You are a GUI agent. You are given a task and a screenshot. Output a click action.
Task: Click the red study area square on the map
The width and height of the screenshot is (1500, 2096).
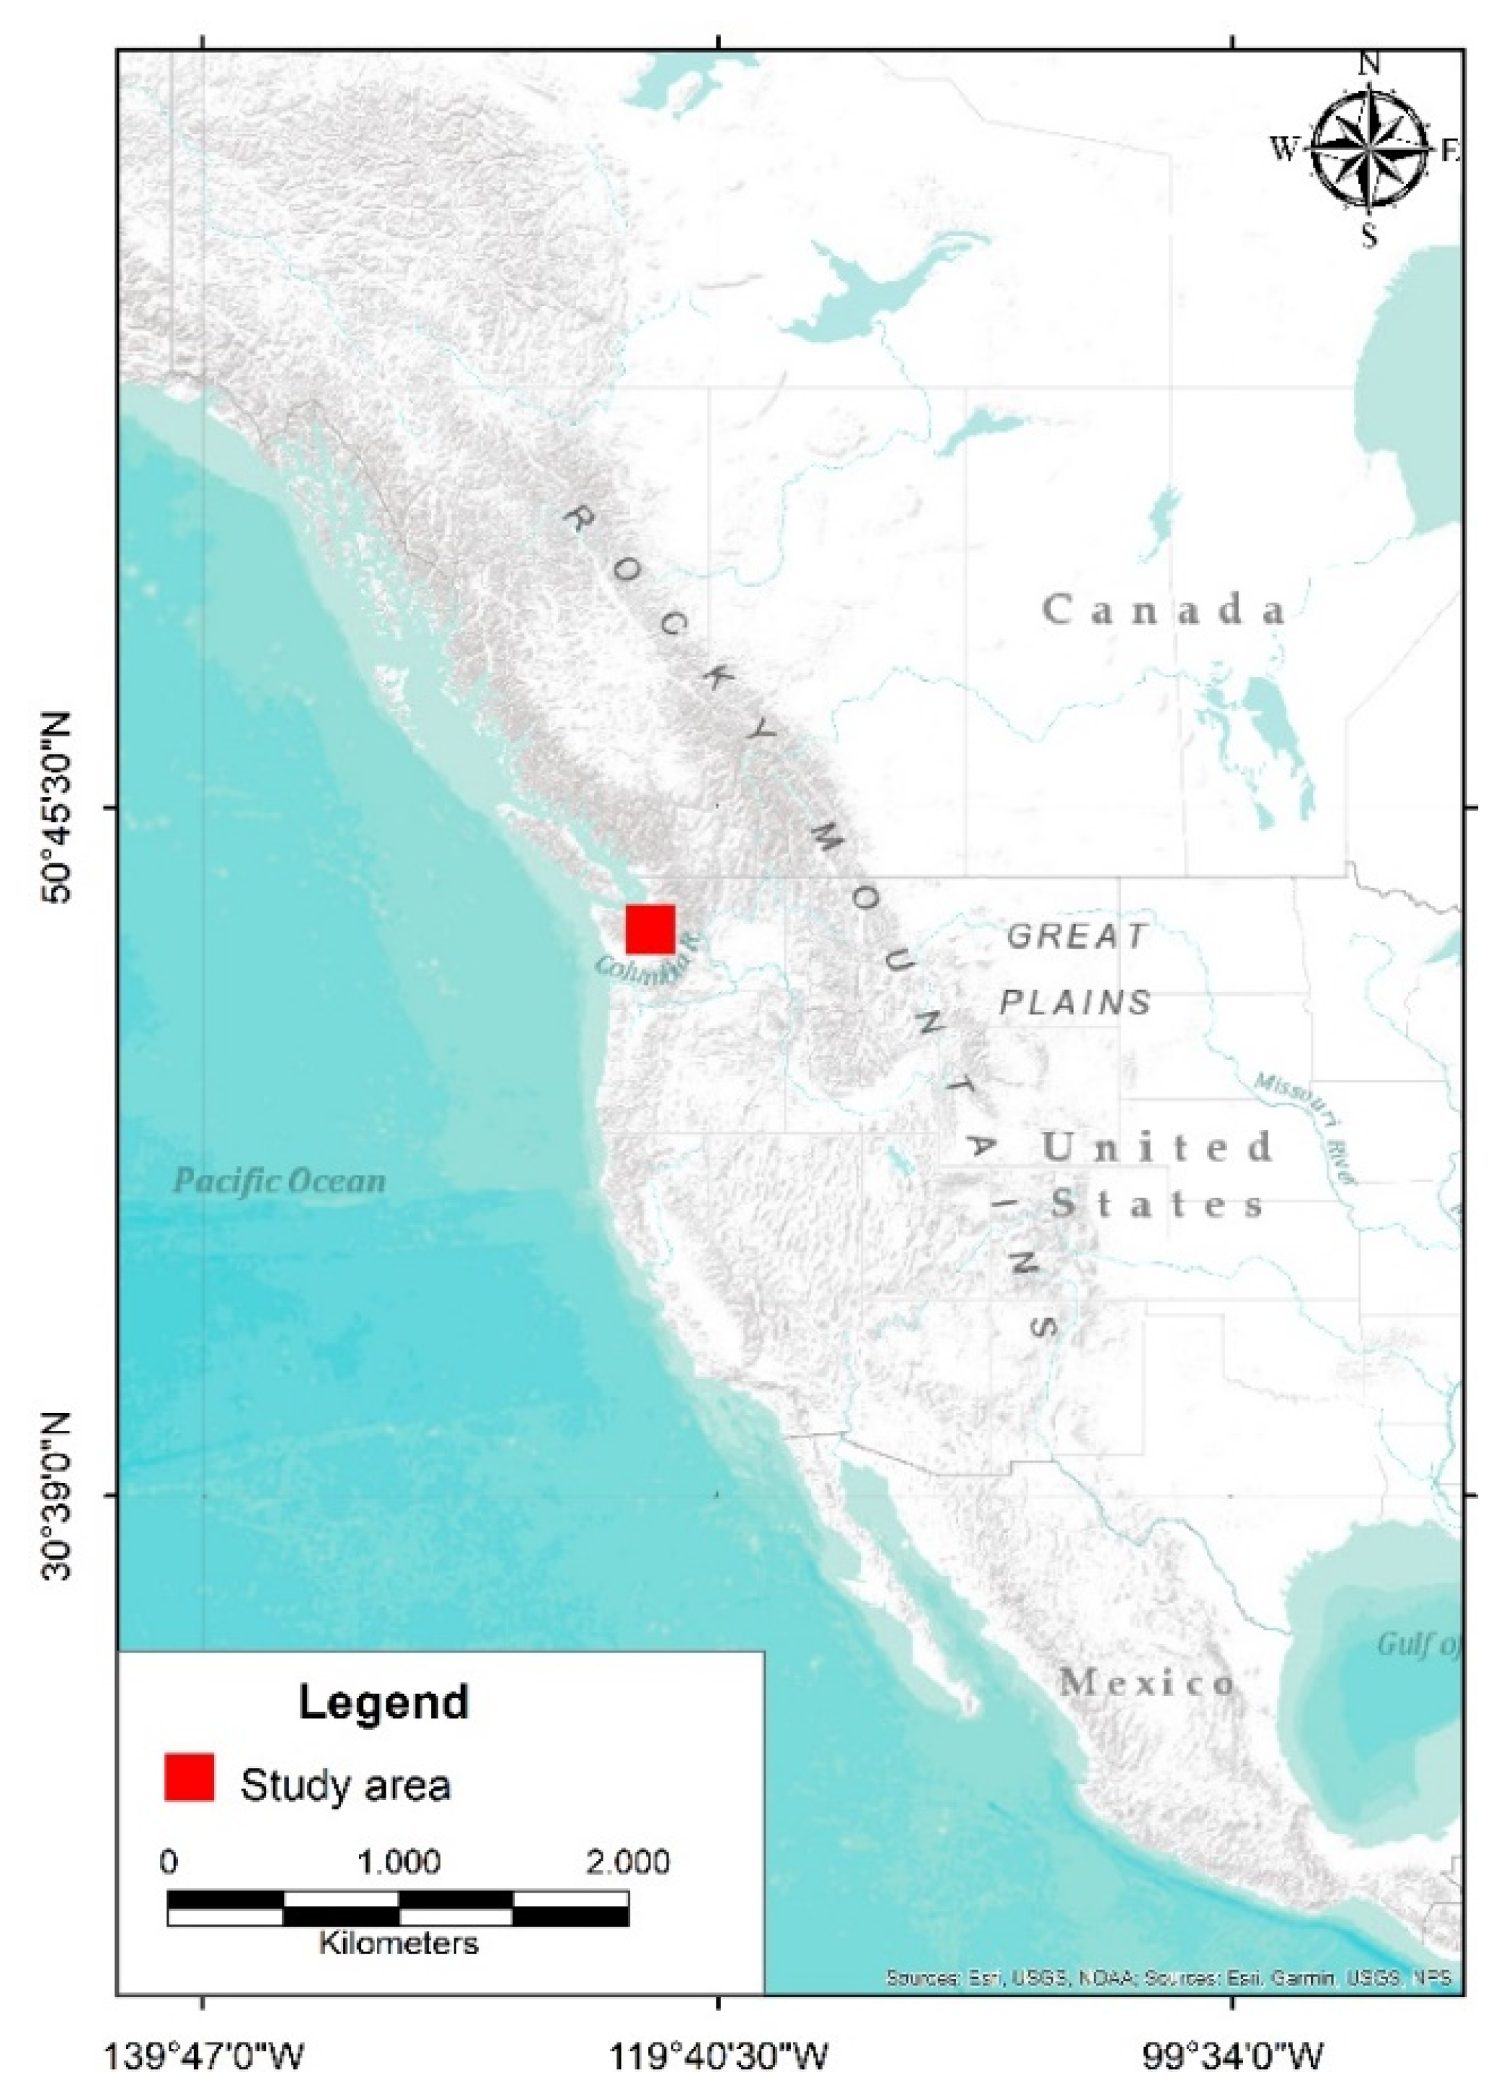[651, 929]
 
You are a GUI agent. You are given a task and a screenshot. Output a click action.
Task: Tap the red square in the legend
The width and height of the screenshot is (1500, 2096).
[190, 1778]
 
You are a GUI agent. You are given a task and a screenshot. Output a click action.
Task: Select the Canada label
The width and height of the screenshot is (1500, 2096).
[1165, 611]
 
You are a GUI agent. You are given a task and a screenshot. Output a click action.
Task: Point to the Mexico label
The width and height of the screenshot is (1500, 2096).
[1146, 1681]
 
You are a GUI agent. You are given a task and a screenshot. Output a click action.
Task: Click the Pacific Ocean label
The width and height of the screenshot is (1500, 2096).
[280, 1180]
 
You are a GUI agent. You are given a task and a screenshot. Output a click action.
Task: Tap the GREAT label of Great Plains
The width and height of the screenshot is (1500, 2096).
[1076, 936]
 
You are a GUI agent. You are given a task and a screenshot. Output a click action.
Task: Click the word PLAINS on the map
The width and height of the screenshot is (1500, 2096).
[1077, 1002]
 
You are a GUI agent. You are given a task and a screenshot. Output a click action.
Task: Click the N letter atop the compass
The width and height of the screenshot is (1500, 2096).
[1370, 64]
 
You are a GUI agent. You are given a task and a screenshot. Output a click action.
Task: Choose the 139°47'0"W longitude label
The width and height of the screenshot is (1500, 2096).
[205, 2053]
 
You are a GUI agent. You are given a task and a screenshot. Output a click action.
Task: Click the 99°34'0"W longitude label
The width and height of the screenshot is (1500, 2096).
[1233, 2053]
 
